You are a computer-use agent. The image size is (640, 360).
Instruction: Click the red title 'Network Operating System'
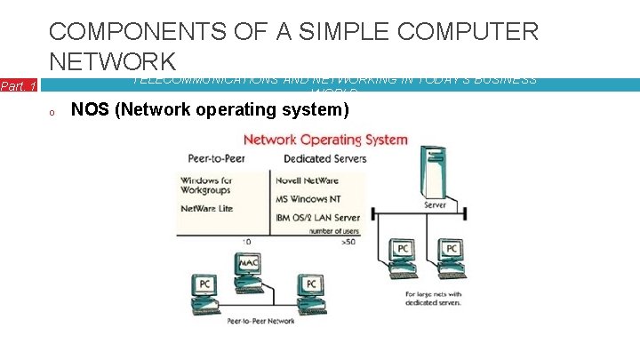[x=325, y=140]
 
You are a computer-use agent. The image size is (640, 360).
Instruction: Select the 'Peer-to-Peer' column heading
[x=218, y=158]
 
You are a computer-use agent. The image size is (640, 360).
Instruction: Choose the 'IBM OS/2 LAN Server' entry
[x=318, y=217]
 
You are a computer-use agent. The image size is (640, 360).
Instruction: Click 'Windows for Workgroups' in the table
[x=205, y=184]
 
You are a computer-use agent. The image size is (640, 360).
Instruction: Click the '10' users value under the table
[x=245, y=241]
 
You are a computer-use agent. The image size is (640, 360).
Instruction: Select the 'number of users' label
[x=334, y=229]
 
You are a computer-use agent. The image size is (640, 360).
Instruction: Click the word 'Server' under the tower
[x=435, y=204]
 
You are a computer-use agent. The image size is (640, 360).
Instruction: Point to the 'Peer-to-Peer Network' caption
[x=260, y=320]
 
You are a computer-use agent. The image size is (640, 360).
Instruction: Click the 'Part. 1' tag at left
[x=19, y=86]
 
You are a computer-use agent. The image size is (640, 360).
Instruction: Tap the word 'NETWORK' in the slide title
[x=112, y=61]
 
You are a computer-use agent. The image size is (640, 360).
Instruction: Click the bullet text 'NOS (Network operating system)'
[x=210, y=110]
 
